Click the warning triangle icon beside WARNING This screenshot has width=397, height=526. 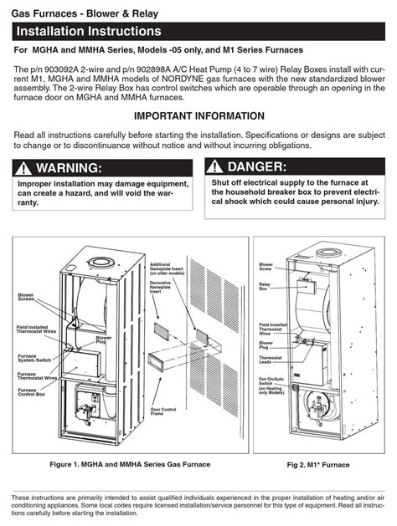pyautogui.click(x=23, y=168)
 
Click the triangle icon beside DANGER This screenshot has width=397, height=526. pyautogui.click(x=214, y=166)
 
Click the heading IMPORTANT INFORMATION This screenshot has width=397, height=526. pyautogui.click(x=199, y=116)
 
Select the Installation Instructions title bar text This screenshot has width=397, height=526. pyautogui.click(x=89, y=31)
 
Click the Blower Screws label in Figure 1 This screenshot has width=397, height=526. pyautogui.click(x=26, y=297)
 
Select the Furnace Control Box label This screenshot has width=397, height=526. pyautogui.click(x=31, y=392)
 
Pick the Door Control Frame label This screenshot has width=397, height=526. pyautogui.click(x=163, y=411)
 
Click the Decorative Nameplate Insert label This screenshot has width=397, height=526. pyautogui.click(x=160, y=287)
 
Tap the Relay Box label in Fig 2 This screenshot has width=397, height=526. pyautogui.click(x=265, y=287)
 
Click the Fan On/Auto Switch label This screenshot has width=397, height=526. pyautogui.click(x=271, y=386)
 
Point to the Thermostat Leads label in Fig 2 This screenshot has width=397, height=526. pyautogui.click(x=271, y=360)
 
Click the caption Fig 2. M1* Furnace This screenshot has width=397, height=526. pyautogui.click(x=318, y=465)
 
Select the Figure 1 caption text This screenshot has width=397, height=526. pyautogui.click(x=130, y=465)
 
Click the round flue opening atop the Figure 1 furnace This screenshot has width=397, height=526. pyautogui.click(x=101, y=263)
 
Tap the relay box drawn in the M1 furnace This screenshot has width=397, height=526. pyautogui.click(x=307, y=286)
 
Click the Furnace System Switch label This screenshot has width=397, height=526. pyautogui.click(x=34, y=358)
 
